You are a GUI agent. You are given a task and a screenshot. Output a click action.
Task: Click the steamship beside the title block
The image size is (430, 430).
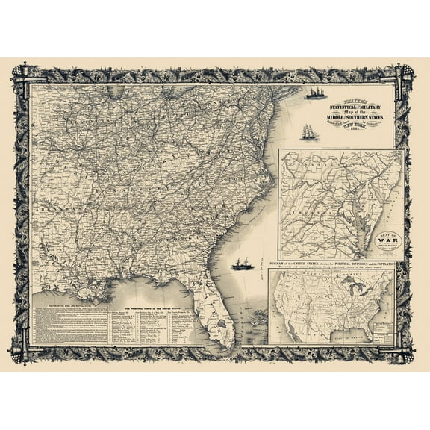pyautogui.click(x=314, y=93)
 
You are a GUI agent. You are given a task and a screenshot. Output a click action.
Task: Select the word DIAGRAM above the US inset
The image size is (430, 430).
pyautogui.click(x=278, y=264)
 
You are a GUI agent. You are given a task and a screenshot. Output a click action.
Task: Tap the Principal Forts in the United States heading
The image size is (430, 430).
pyautogui.click(x=146, y=309)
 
